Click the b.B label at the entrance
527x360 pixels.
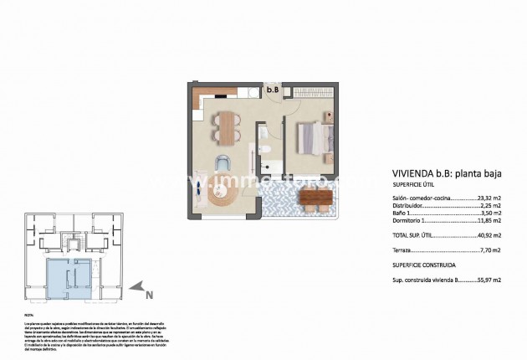coord(272,90)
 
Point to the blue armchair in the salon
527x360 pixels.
coord(222,163)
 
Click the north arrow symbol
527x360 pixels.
coord(143,287)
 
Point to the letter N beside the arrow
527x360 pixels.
coord(149,295)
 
